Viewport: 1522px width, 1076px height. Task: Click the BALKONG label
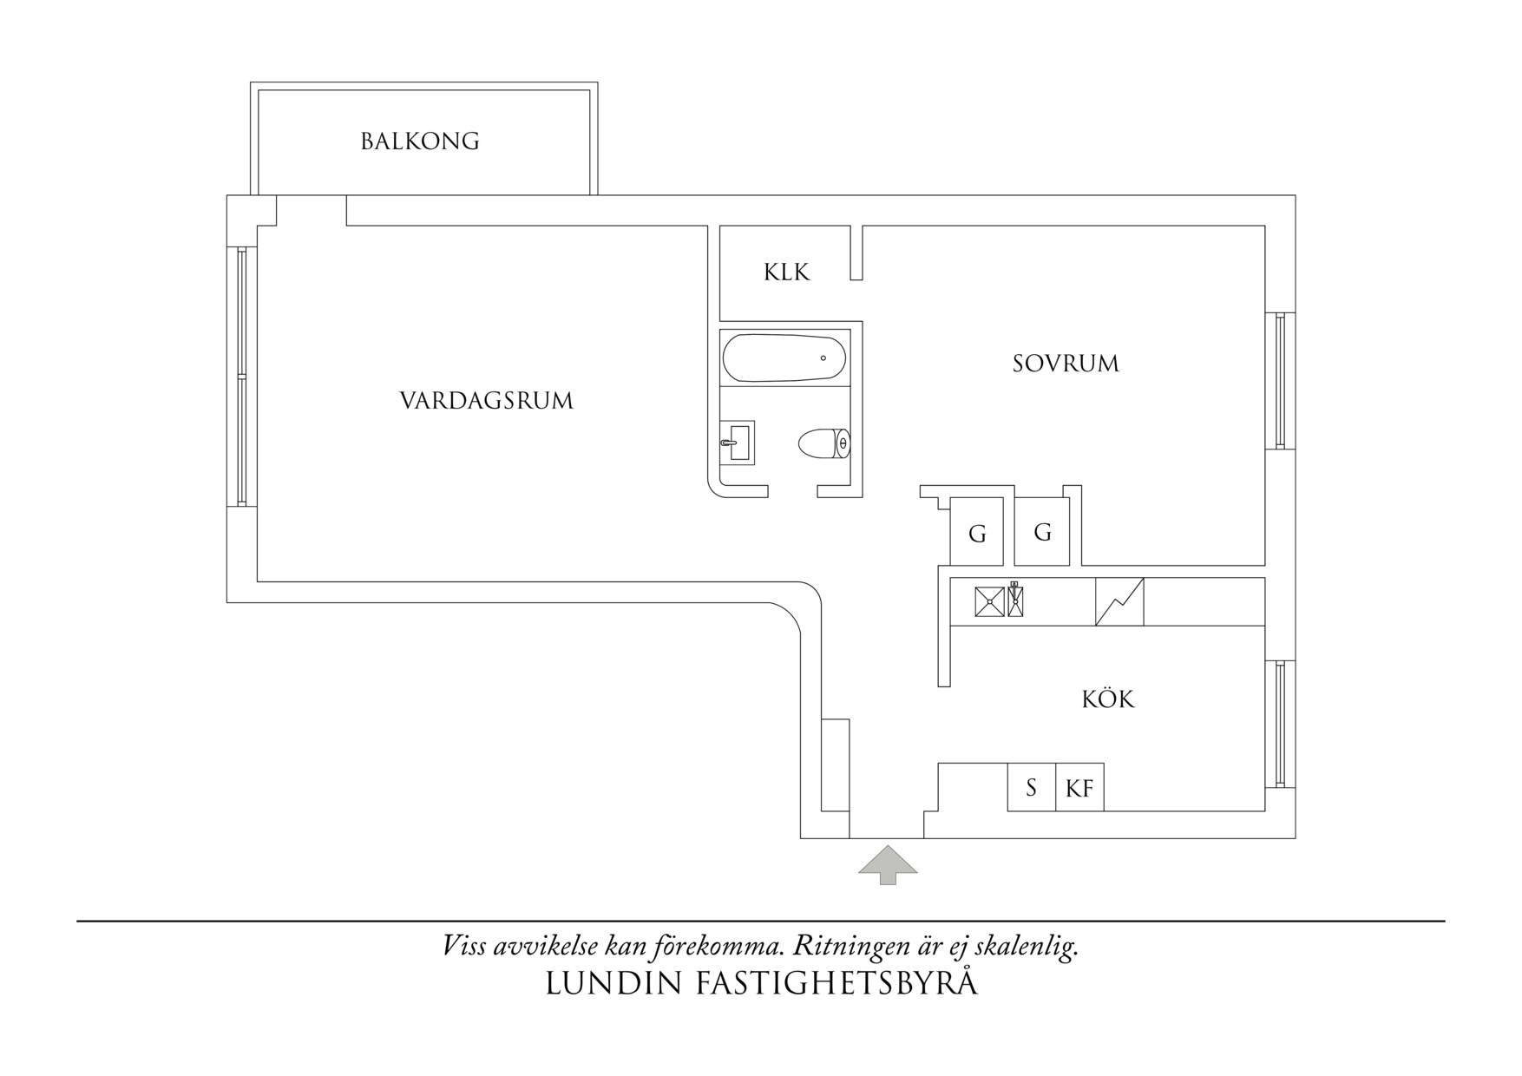click(420, 141)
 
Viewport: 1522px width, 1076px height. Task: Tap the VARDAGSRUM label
click(487, 401)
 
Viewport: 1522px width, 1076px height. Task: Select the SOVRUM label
click(1066, 363)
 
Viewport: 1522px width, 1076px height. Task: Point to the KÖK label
click(1108, 698)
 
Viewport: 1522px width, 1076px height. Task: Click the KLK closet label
click(786, 272)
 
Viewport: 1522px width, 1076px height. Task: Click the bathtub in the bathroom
click(784, 358)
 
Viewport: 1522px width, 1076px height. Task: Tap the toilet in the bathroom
click(824, 443)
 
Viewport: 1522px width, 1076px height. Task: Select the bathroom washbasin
click(738, 442)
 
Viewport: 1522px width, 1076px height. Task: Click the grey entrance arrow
click(888, 865)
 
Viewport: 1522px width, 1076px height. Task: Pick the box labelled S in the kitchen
click(1032, 787)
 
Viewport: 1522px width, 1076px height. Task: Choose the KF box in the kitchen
click(1079, 787)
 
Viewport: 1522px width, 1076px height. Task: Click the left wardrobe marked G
click(977, 532)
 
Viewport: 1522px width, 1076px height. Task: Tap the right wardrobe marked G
click(1042, 532)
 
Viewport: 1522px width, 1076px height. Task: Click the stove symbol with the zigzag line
click(1119, 601)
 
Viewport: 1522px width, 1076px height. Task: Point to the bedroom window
click(1280, 380)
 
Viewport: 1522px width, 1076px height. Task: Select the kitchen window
click(1280, 724)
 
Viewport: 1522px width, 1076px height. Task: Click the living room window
click(242, 377)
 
